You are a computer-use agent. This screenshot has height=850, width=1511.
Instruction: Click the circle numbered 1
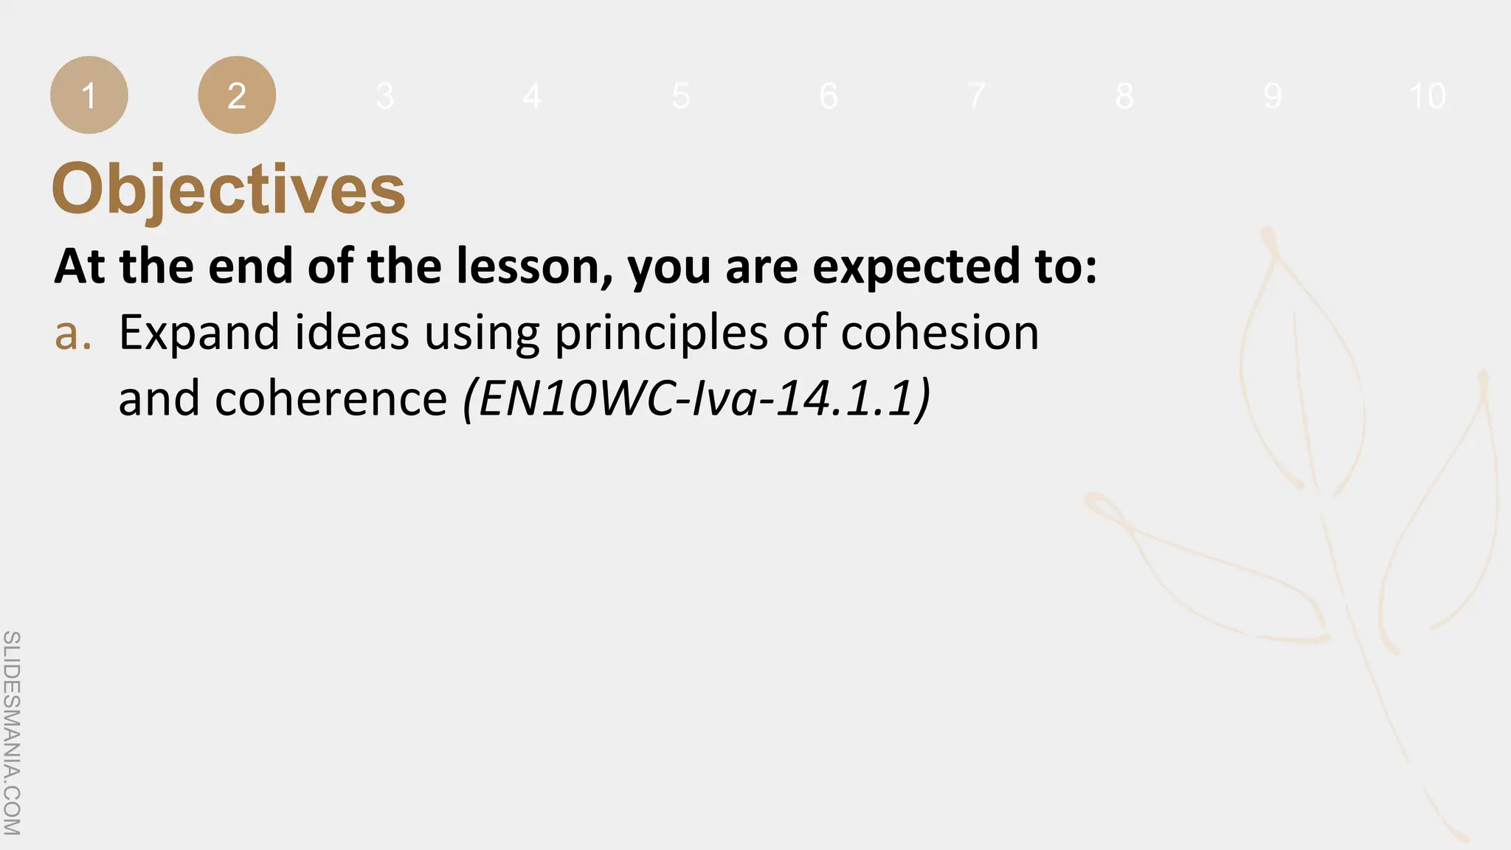[89, 95]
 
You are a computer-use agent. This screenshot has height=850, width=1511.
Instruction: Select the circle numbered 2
[237, 95]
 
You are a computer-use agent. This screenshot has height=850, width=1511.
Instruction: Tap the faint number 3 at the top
[384, 96]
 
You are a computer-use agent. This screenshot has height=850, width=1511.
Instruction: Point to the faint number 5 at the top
[680, 96]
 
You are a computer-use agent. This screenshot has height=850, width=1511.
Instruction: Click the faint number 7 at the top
[976, 96]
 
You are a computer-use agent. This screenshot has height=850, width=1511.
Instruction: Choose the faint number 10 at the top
[1427, 96]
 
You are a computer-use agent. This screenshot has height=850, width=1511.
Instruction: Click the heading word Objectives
[229, 189]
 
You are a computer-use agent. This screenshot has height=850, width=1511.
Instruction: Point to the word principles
[661, 334]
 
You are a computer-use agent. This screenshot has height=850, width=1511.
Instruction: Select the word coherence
[331, 398]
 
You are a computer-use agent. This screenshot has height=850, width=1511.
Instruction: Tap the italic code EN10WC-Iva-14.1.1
[697, 398]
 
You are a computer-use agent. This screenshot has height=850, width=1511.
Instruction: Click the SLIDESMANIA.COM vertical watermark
[12, 733]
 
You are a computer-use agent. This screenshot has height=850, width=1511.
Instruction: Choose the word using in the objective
[481, 334]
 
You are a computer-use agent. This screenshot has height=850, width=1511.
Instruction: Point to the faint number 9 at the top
[1272, 96]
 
